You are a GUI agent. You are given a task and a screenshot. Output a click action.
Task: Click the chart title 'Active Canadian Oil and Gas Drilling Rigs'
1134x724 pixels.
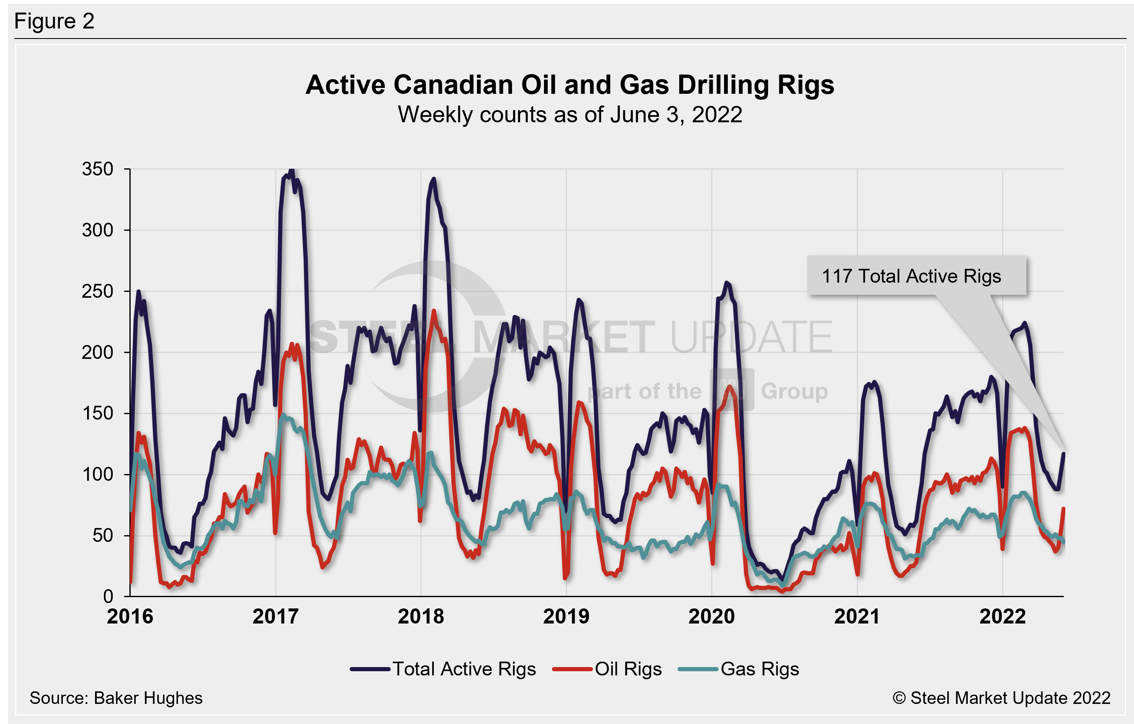(x=570, y=85)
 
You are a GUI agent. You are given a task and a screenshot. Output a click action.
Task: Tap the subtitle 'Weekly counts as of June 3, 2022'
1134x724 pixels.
(x=570, y=115)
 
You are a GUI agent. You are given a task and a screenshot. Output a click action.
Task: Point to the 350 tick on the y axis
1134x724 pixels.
(x=98, y=169)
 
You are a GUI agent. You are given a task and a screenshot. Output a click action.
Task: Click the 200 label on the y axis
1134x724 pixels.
(x=98, y=352)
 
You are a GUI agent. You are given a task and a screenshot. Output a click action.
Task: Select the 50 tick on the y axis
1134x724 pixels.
(x=103, y=536)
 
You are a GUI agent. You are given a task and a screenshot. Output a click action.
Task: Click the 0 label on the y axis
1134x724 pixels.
(x=108, y=596)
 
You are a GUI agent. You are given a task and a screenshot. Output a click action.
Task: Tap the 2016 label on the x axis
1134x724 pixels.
(x=130, y=617)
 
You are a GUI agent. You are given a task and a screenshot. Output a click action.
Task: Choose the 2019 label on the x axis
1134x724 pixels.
(x=566, y=617)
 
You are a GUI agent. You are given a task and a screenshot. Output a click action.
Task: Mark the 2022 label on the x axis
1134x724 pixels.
(x=1003, y=617)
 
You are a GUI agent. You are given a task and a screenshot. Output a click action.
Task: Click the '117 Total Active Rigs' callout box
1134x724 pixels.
(x=916, y=276)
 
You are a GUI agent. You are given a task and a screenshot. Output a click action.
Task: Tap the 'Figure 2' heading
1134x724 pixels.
(x=54, y=21)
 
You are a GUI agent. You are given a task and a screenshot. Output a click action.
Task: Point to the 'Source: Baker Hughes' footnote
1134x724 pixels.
(x=116, y=698)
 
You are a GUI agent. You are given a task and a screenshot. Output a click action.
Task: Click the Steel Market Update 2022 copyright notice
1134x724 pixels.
(x=1001, y=698)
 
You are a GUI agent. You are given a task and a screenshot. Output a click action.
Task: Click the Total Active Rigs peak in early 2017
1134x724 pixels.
(x=291, y=170)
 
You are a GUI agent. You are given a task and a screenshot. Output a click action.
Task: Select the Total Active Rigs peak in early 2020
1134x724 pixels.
(x=727, y=283)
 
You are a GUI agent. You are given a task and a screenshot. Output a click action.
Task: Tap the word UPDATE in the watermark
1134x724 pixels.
(x=751, y=336)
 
